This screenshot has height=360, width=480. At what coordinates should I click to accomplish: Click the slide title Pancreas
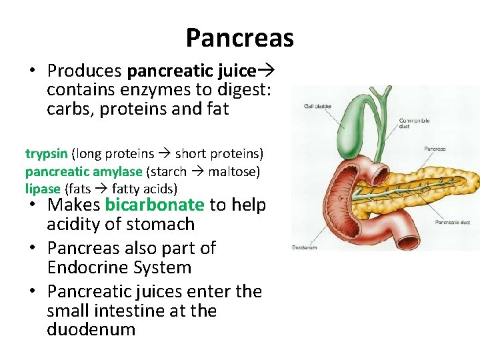[x=239, y=38]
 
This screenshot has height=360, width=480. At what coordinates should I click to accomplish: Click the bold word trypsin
[x=47, y=154]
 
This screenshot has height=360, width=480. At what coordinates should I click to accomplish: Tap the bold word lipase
[x=43, y=189]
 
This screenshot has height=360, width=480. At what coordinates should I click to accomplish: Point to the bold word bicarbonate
[x=155, y=205]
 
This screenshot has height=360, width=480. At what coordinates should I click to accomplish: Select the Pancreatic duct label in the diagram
[x=453, y=222]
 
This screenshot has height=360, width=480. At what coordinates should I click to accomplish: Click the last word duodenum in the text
[x=91, y=330]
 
